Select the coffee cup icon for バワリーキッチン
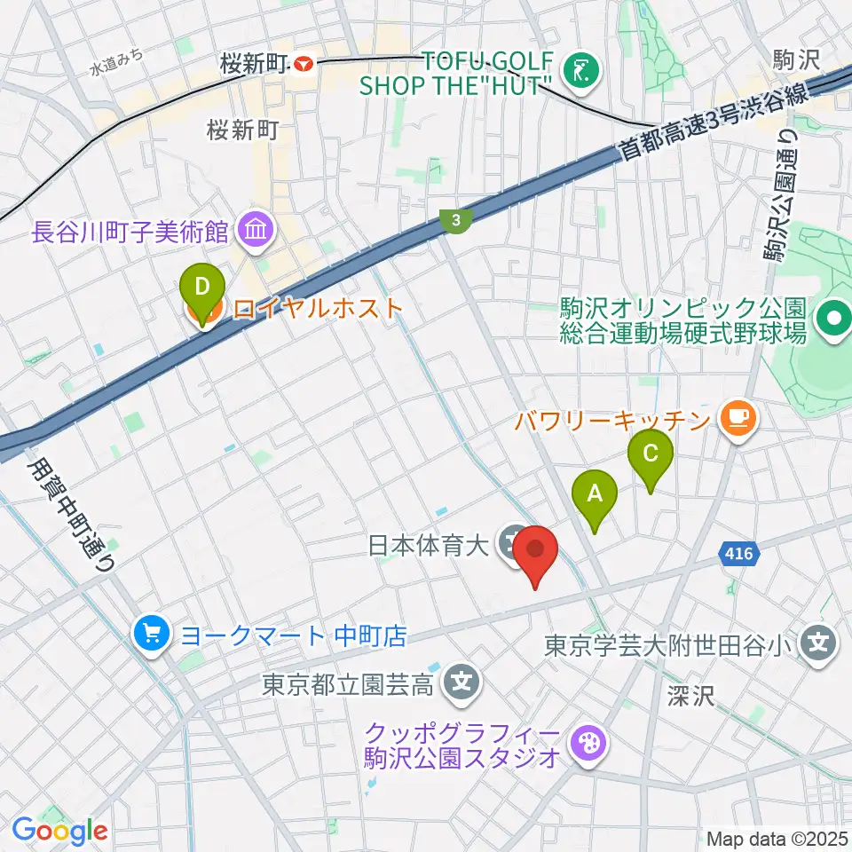tap(738, 417)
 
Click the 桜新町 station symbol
tap(304, 64)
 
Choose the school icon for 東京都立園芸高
tap(461, 682)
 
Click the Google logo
tap(60, 831)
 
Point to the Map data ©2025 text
tap(776, 839)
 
